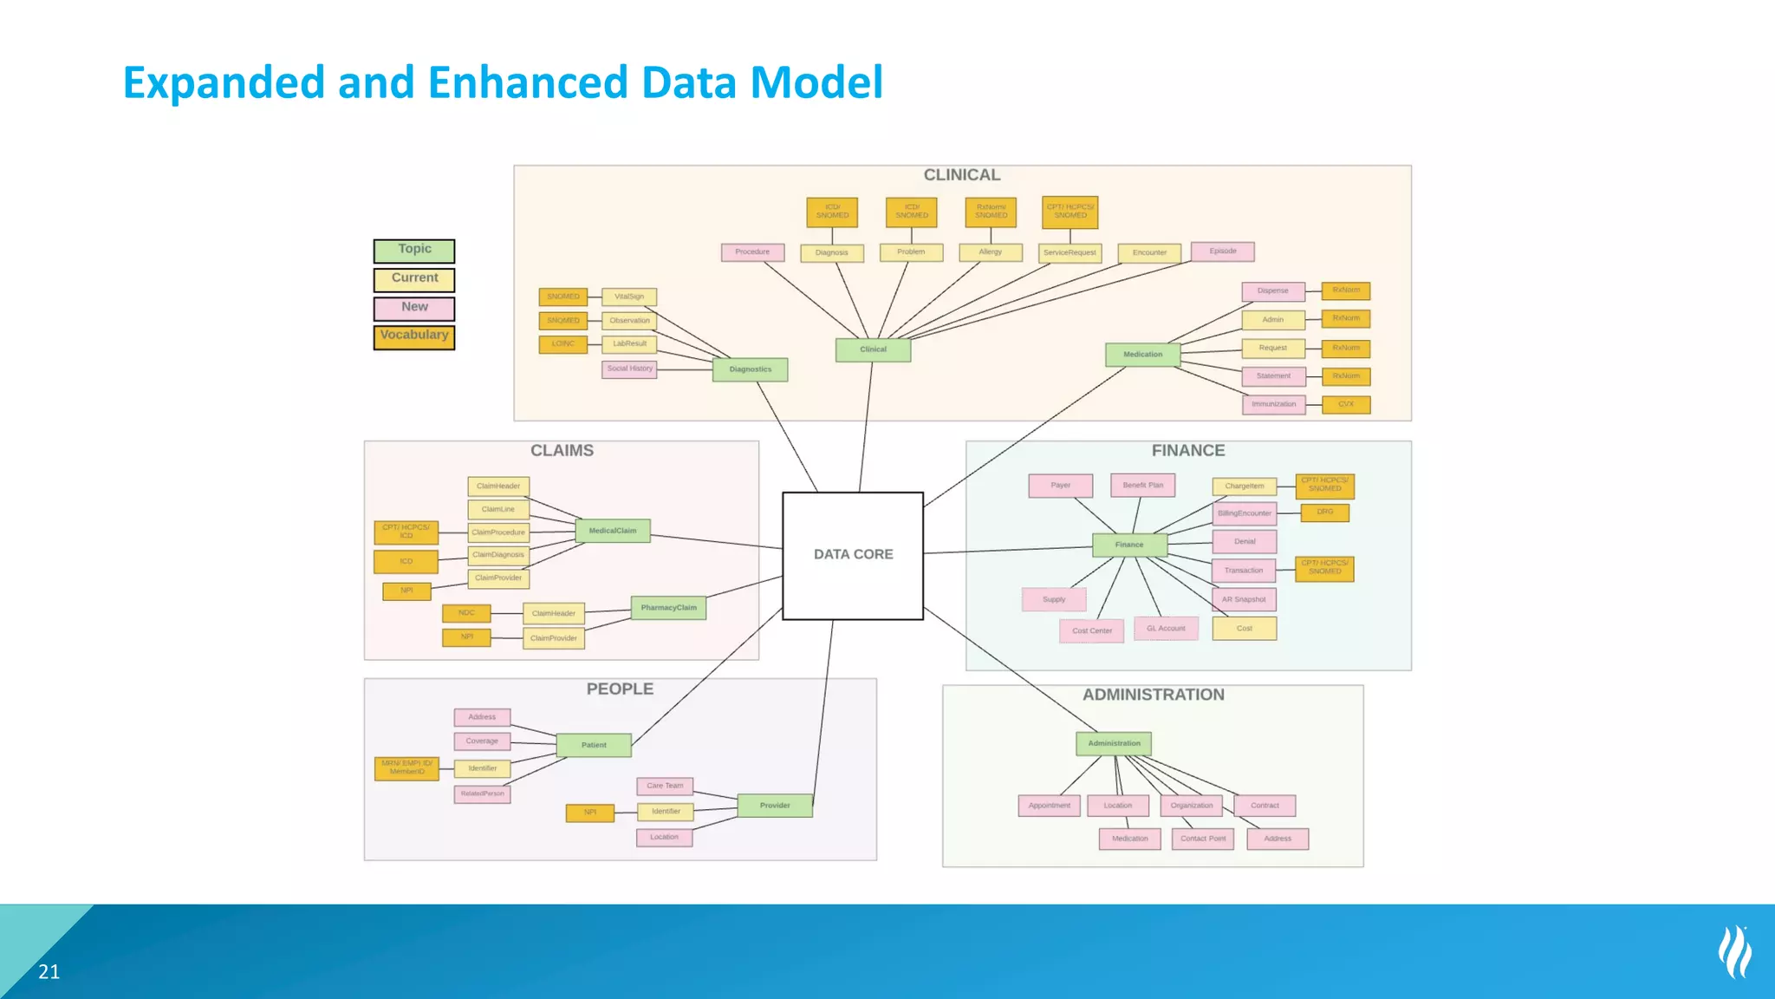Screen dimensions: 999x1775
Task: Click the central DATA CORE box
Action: pyautogui.click(x=853, y=555)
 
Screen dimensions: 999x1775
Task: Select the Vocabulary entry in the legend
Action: pyautogui.click(x=414, y=336)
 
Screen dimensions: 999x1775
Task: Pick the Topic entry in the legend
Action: pyautogui.click(x=414, y=251)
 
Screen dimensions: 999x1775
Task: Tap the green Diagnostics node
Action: pyautogui.click(x=750, y=369)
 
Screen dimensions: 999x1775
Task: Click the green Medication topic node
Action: pyautogui.click(x=1142, y=355)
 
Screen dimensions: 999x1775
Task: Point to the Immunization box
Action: pyautogui.click(x=1273, y=404)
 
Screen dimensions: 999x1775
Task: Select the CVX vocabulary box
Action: pyautogui.click(x=1345, y=404)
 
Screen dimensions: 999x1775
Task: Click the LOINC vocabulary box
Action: pyautogui.click(x=562, y=344)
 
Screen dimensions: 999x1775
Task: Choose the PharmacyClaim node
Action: pyautogui.click(x=668, y=608)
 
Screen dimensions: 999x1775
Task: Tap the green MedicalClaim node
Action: pyautogui.click(x=613, y=531)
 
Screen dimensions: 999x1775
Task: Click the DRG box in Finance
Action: pyautogui.click(x=1324, y=513)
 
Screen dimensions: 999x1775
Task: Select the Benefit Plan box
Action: pyautogui.click(x=1142, y=486)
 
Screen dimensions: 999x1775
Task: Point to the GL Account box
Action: pyautogui.click(x=1166, y=629)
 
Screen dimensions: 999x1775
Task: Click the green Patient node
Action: pyautogui.click(x=594, y=745)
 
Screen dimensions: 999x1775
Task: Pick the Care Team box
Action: pyautogui.click(x=665, y=786)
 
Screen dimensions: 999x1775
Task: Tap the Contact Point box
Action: pyautogui.click(x=1202, y=839)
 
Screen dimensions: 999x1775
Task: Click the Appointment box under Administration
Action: pyautogui.click(x=1049, y=806)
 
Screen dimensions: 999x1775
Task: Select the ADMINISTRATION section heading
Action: pyautogui.click(x=1153, y=695)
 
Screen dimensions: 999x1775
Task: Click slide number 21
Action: pyautogui.click(x=49, y=972)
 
